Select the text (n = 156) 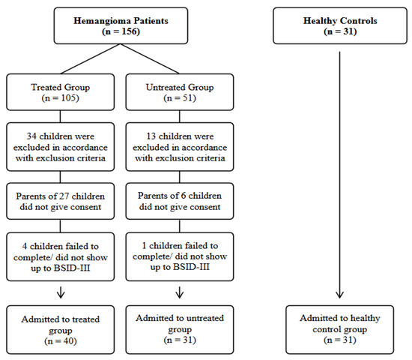click(x=120, y=33)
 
